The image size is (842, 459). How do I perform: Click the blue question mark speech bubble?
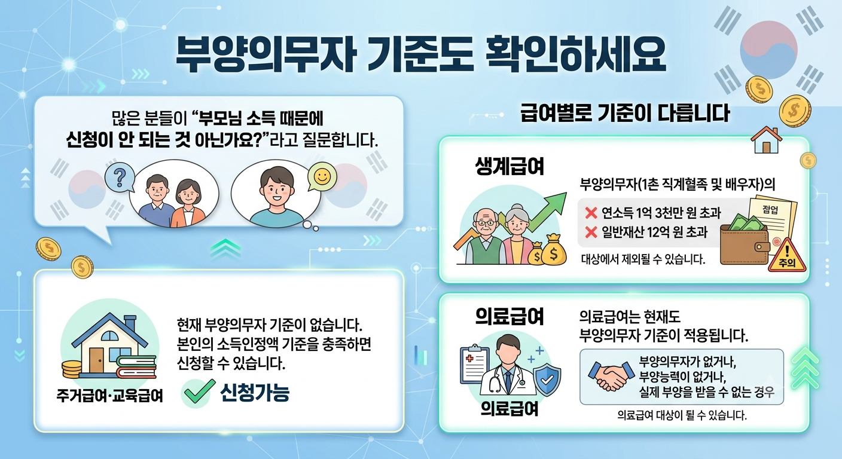pyautogui.click(x=120, y=177)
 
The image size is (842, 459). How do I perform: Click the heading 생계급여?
pyautogui.click(x=510, y=166)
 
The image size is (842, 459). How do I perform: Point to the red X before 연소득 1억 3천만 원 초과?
pyautogui.click(x=591, y=213)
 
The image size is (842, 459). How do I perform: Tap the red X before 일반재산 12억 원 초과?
pyautogui.click(x=591, y=232)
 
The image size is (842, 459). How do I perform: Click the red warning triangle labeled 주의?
pyautogui.click(x=787, y=256)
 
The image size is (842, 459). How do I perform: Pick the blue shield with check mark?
pyautogui.click(x=547, y=381)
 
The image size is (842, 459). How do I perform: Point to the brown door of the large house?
pyautogui.click(x=96, y=359)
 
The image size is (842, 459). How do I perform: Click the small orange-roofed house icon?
pyautogui.click(x=766, y=140)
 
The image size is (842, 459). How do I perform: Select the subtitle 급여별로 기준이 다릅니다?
pyautogui.click(x=625, y=113)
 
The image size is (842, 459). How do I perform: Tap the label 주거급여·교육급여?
pyautogui.click(x=110, y=395)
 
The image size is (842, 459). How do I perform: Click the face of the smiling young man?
pyautogui.click(x=277, y=189)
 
